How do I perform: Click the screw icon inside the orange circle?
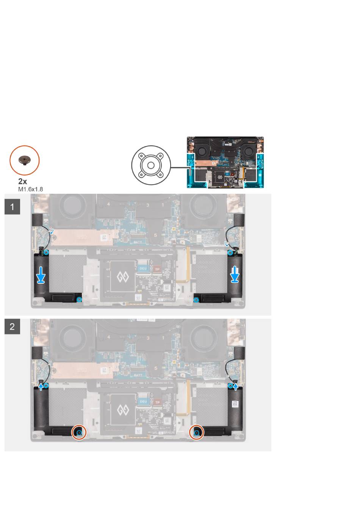pyautogui.click(x=24, y=160)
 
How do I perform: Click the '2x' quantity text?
pyautogui.click(x=23, y=182)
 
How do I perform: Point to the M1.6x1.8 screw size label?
pyautogui.click(x=30, y=188)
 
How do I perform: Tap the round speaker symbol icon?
pyautogui.click(x=151, y=165)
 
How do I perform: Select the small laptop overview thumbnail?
pyautogui.click(x=225, y=162)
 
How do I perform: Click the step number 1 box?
pyautogui.click(x=12, y=207)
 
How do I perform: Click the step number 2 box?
pyautogui.click(x=12, y=326)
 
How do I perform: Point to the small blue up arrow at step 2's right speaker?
pyautogui.click(x=236, y=386)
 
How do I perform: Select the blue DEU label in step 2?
pyautogui.click(x=143, y=401)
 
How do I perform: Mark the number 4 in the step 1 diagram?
pyautogui.click(x=109, y=204)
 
